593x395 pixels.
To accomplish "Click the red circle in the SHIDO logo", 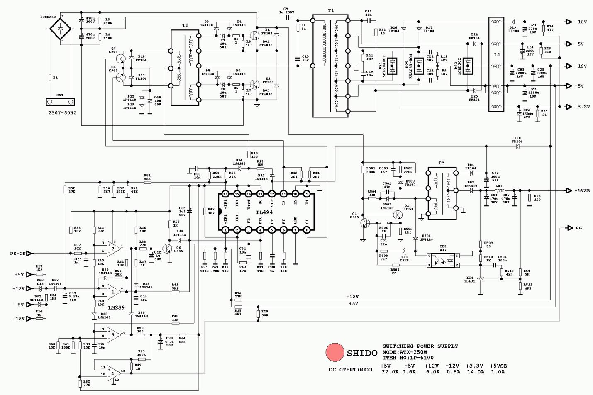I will tap(334, 352).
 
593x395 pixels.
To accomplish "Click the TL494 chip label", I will tap(264, 212).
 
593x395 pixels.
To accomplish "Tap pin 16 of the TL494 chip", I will tap(225, 194).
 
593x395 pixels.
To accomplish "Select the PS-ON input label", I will tap(18, 254).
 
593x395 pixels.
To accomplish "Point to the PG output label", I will tap(578, 228).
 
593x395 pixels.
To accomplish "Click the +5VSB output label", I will tap(582, 191).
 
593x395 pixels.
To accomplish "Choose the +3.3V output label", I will tap(582, 107).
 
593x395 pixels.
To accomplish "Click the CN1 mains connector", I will tap(60, 102).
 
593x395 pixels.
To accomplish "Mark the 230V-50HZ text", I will tap(62, 113).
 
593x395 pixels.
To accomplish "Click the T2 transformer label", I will tap(185, 26).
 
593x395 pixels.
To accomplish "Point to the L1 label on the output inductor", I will tap(497, 54).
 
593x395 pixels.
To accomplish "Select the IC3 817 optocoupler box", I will tap(443, 260).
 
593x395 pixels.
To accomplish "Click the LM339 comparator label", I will tap(116, 308).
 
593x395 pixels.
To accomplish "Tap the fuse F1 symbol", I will tap(50, 78).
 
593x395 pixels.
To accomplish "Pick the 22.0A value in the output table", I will tap(390, 372).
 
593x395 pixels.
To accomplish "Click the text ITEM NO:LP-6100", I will tap(408, 358).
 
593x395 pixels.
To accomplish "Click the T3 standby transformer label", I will tap(441, 163).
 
